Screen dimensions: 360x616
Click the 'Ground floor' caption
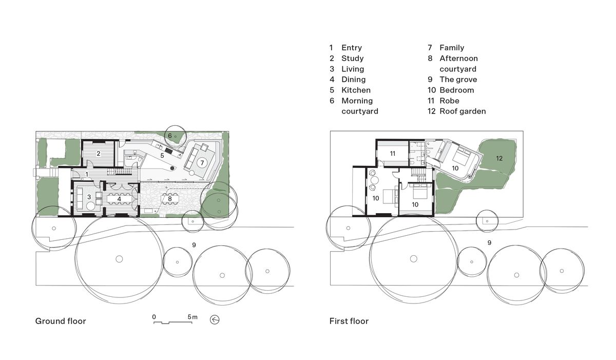61,321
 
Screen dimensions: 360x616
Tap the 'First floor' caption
349,321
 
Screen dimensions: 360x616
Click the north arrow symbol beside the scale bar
215,320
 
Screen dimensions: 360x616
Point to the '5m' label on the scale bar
192,317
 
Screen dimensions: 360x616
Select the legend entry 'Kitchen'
356,90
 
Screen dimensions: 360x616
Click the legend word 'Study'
352,59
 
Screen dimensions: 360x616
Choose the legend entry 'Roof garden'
463,111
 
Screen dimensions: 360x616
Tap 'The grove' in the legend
458,80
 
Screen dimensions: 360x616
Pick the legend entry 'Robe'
449,101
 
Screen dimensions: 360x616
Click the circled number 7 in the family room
202,163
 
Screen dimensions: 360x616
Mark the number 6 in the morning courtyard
170,136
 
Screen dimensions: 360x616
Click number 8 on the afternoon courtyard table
170,198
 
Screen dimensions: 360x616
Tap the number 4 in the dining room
119,198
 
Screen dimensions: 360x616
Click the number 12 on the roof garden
499,158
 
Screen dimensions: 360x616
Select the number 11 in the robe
393,153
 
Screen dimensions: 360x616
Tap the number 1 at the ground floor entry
88,175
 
